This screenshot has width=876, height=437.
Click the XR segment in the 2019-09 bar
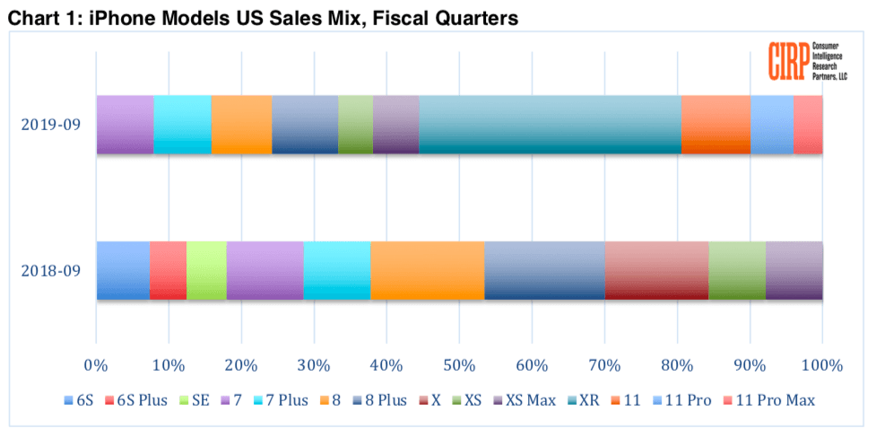550,124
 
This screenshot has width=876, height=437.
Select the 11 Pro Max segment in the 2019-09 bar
808,124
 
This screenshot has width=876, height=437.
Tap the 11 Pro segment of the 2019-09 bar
772,124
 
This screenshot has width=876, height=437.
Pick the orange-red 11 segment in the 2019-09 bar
716,124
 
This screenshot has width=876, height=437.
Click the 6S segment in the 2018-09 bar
123,270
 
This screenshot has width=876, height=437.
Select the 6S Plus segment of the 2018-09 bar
168,270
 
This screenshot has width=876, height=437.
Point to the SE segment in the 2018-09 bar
206,270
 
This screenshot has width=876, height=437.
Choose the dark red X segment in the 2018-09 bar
656,270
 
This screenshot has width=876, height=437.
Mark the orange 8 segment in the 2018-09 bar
427,270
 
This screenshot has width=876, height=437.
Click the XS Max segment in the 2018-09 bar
794,270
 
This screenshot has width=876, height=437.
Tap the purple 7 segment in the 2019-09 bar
125,124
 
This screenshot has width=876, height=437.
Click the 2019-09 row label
52,125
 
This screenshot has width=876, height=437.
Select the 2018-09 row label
52,271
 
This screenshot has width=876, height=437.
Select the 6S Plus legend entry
137,400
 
